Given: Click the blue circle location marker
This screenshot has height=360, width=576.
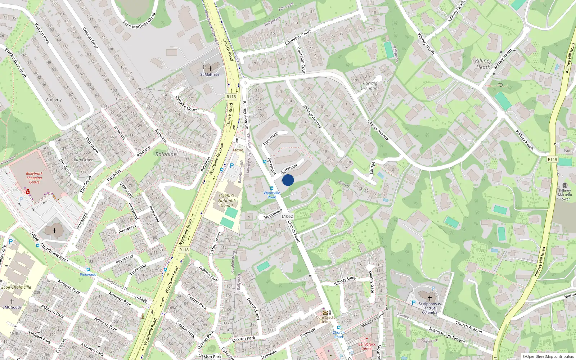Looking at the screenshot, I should pyautogui.click(x=288, y=180).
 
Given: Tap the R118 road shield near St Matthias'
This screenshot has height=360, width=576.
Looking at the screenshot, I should pyautogui.click(x=231, y=97).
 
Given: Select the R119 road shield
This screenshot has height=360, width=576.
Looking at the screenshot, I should pyautogui.click(x=552, y=159).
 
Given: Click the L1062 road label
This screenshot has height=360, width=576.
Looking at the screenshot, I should pyautogui.click(x=287, y=216).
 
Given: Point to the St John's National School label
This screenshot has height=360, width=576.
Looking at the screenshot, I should pyautogui.click(x=226, y=201).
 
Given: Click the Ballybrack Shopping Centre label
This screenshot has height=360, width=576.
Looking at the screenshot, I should pyautogui.click(x=34, y=178).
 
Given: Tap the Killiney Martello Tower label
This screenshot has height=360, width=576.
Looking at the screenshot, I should pyautogui.click(x=565, y=195).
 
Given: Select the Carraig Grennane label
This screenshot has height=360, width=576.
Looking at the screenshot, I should pyautogui.click(x=370, y=86).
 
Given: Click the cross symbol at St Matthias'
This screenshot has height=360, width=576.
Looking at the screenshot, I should pyautogui.click(x=210, y=68).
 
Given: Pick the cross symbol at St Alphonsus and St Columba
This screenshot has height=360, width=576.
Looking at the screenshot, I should pyautogui.click(x=429, y=298).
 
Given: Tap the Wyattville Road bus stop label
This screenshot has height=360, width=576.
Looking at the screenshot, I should pyautogui.click(x=272, y=195).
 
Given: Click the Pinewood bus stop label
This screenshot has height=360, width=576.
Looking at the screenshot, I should pyautogui.click(x=88, y=274).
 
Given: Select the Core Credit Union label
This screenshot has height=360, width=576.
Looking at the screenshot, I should pyautogui.click(x=325, y=319).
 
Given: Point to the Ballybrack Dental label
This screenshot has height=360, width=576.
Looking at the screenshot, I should pyautogui.click(x=367, y=346).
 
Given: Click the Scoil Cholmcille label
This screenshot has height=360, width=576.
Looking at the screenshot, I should pyautogui.click(x=16, y=287).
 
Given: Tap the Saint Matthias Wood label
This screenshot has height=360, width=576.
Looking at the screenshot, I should pyautogui.click(x=139, y=21).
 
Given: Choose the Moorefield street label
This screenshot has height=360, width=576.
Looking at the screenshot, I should pyautogui.click(x=273, y=214).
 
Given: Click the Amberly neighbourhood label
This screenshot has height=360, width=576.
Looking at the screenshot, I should pyautogui.click(x=54, y=100).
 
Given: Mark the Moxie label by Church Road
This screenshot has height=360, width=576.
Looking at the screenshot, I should pyautogui.click(x=238, y=150).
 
